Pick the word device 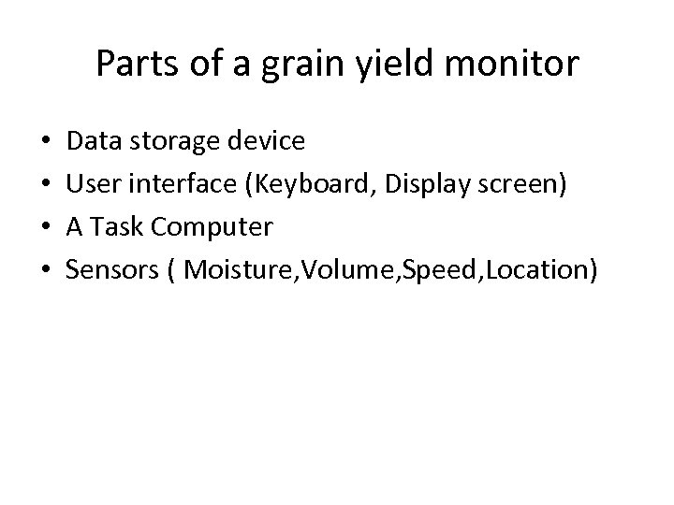point(264,141)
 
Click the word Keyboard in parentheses point(305,184)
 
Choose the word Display point(427,184)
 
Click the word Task point(116,227)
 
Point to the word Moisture point(232,270)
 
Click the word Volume point(330,270)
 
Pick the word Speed point(424,270)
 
